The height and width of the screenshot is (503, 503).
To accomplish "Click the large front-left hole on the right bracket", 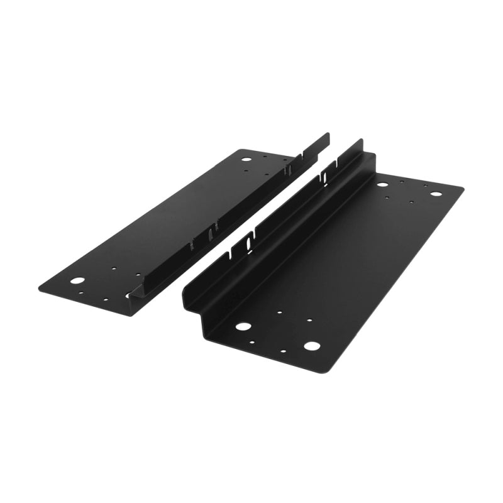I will (x=243, y=326).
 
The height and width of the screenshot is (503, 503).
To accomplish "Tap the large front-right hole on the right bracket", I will (x=311, y=345).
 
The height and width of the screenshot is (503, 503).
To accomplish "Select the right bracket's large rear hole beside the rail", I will (x=382, y=184).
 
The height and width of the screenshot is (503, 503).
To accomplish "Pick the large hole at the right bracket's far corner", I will (x=435, y=193).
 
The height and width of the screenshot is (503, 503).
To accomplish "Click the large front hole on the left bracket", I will (x=77, y=280).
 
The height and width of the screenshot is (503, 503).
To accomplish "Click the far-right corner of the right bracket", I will (x=462, y=187).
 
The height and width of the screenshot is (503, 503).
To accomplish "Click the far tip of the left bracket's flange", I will (x=328, y=135).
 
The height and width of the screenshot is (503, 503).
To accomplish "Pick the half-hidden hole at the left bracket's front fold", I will (x=130, y=294).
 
